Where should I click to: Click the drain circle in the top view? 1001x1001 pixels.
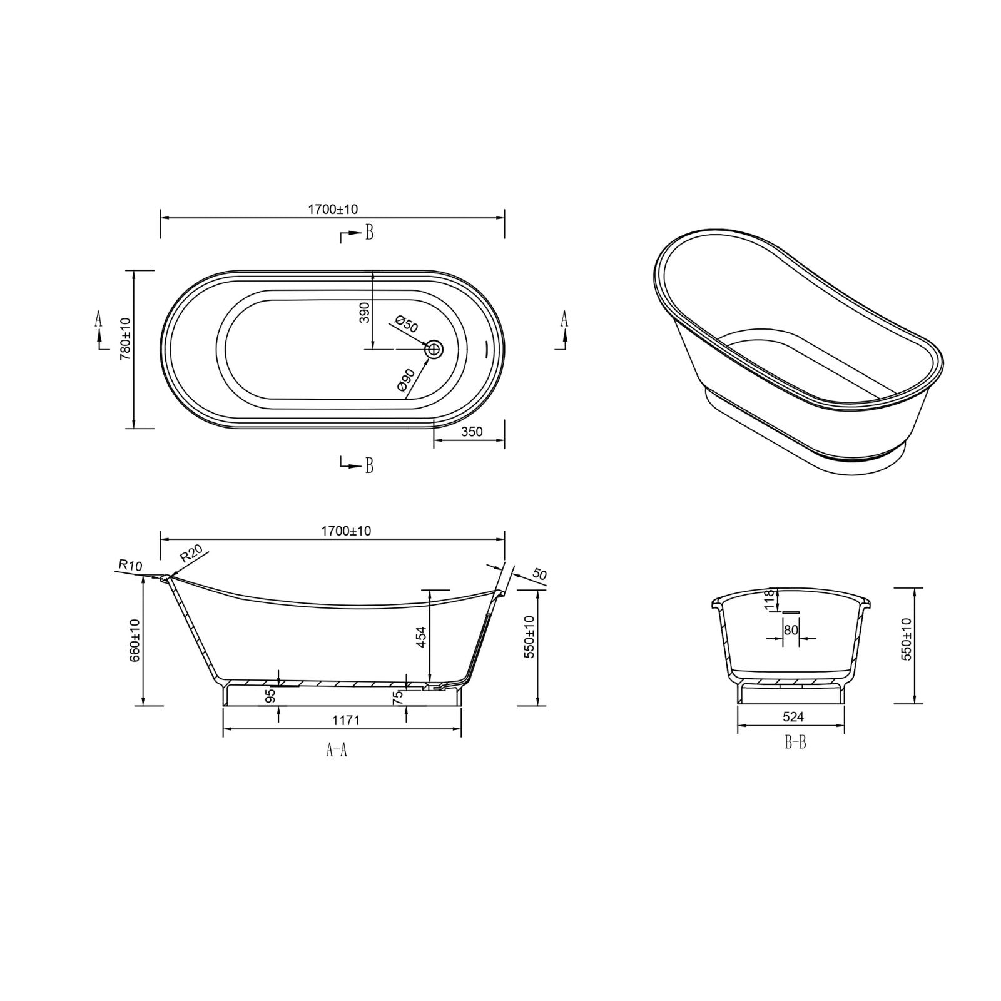[434, 349]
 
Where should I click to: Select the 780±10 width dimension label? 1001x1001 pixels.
[124, 338]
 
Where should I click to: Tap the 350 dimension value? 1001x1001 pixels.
[472, 432]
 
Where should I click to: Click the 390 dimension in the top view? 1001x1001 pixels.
[365, 312]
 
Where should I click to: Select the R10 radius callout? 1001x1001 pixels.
[130, 566]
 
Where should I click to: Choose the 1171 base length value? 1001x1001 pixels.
[345, 721]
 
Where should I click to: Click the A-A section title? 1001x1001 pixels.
[337, 750]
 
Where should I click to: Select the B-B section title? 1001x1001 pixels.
[795, 743]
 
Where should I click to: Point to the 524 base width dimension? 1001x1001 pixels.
[793, 717]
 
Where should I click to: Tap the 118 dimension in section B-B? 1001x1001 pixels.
[770, 599]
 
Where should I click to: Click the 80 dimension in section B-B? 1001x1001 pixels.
[791, 630]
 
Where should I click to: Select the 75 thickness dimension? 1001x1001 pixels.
[398, 698]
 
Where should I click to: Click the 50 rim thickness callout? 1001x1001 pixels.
[540, 574]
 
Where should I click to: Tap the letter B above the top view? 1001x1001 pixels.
[369, 233]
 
